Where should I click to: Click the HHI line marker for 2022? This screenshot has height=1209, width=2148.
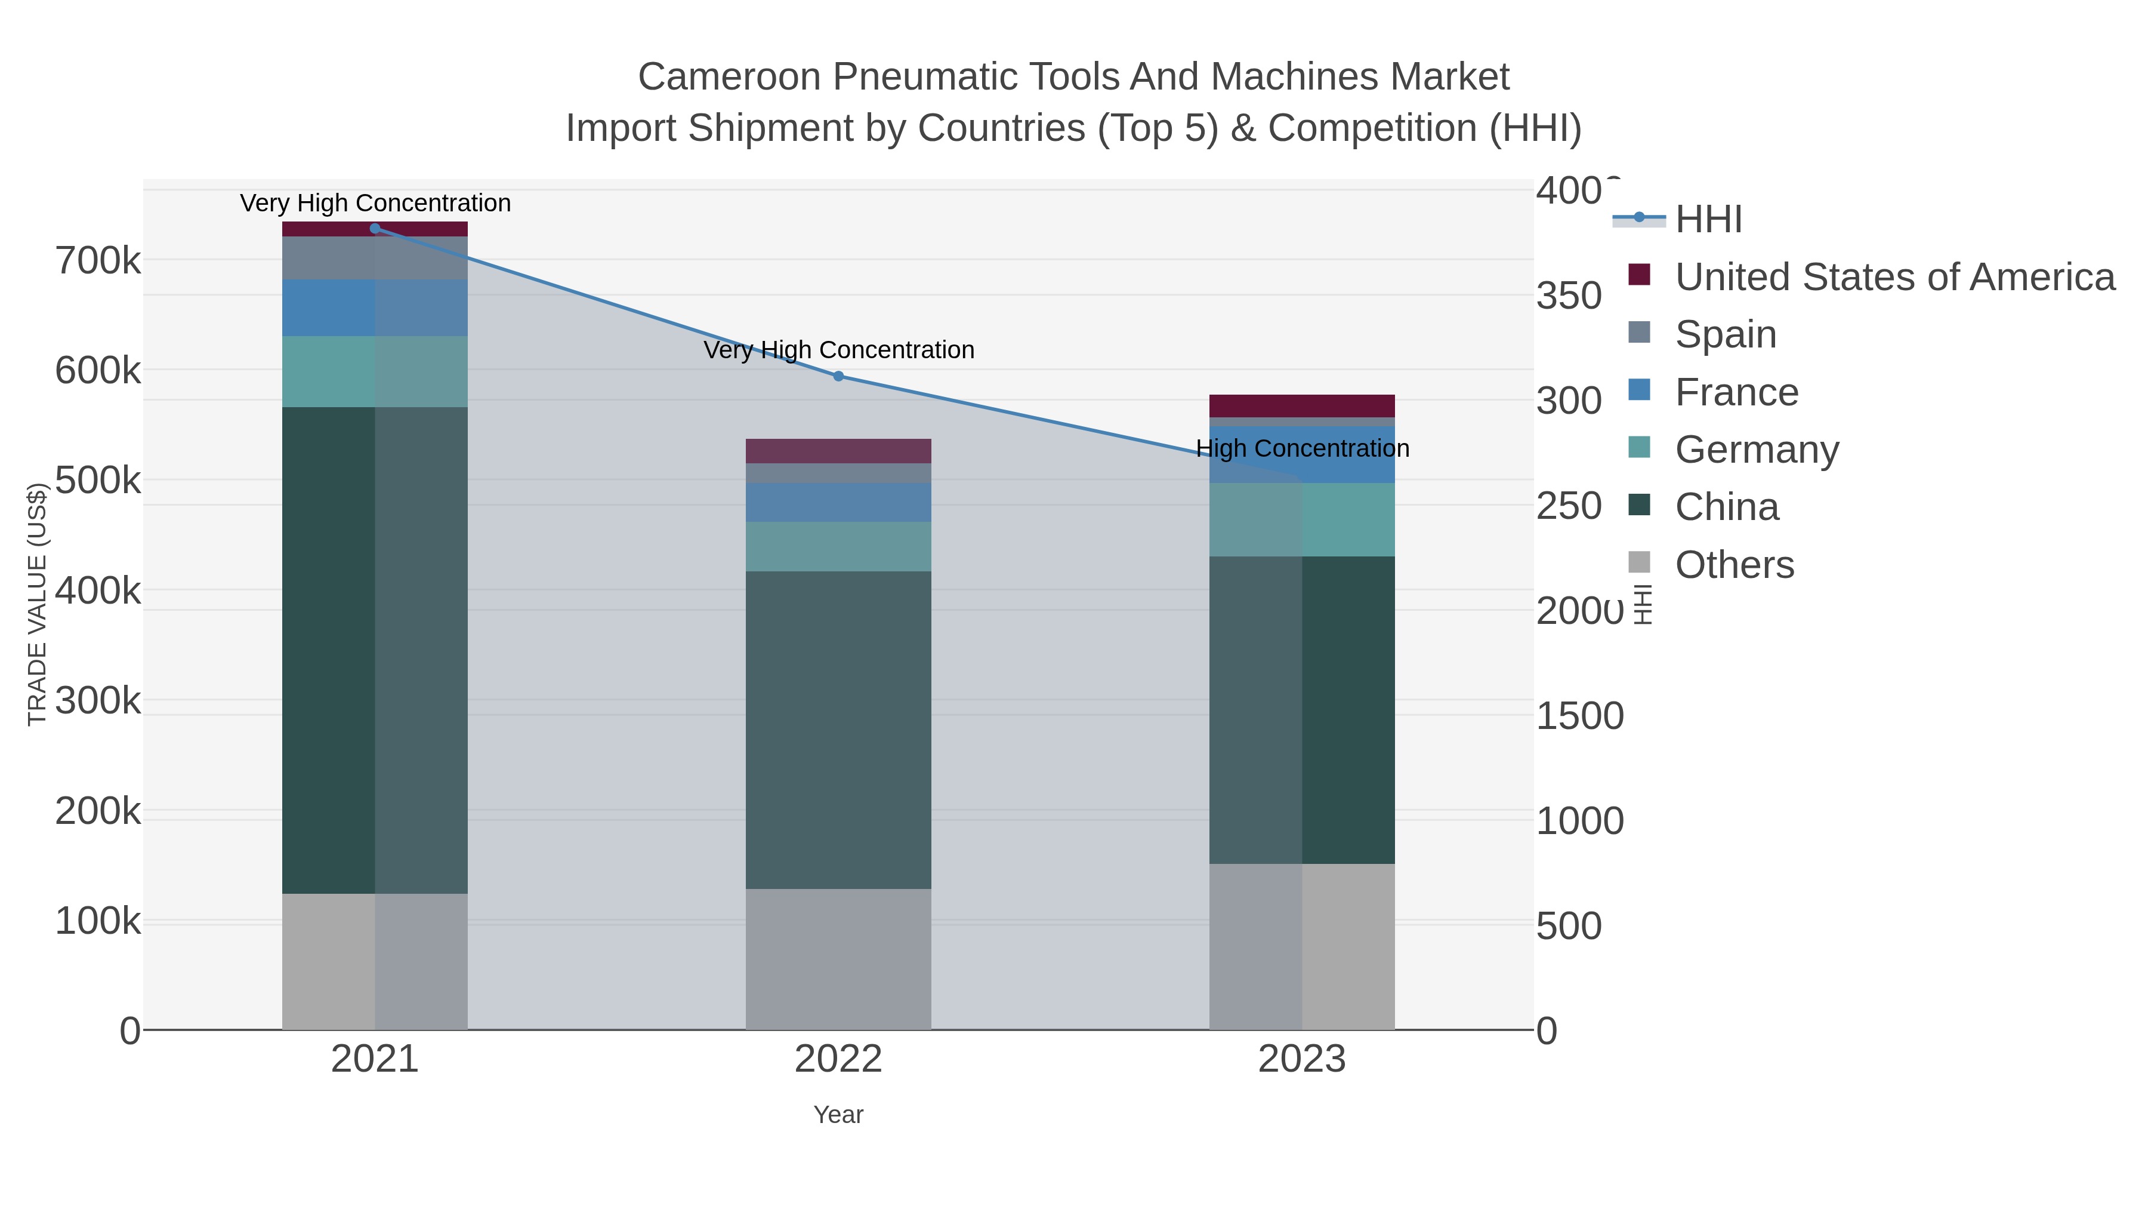[x=838, y=376]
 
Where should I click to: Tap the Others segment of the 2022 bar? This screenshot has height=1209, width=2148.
[x=838, y=959]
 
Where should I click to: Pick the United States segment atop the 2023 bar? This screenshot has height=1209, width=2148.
[x=1302, y=405]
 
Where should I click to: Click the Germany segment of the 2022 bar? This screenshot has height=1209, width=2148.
[x=838, y=546]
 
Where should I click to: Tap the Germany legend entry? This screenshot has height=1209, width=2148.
[x=1756, y=450]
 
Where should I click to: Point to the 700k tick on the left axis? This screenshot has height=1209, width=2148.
[x=98, y=261]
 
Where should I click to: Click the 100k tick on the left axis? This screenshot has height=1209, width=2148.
[x=98, y=921]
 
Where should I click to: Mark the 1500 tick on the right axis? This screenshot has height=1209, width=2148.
[x=1579, y=716]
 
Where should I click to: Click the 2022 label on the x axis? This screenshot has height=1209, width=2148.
[x=838, y=1060]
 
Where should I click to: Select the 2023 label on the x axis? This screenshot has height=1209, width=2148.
[x=1302, y=1060]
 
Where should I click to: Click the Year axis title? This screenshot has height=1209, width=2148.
[x=838, y=1115]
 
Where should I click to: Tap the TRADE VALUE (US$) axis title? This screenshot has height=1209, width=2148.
[x=38, y=604]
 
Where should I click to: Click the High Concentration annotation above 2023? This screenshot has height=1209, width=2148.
[x=1302, y=449]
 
